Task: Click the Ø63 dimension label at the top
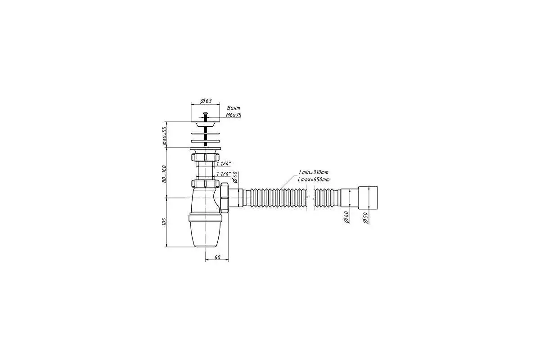(206, 100)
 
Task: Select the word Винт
(234, 108)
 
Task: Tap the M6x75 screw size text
(234, 115)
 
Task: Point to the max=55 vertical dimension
(165, 135)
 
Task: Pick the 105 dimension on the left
(165, 221)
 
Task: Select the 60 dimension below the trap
(217, 257)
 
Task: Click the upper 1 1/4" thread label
(224, 164)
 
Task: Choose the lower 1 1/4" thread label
(224, 174)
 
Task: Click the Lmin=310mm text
(314, 172)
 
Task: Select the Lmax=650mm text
(314, 180)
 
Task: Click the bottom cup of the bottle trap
(206, 234)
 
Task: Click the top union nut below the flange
(205, 158)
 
